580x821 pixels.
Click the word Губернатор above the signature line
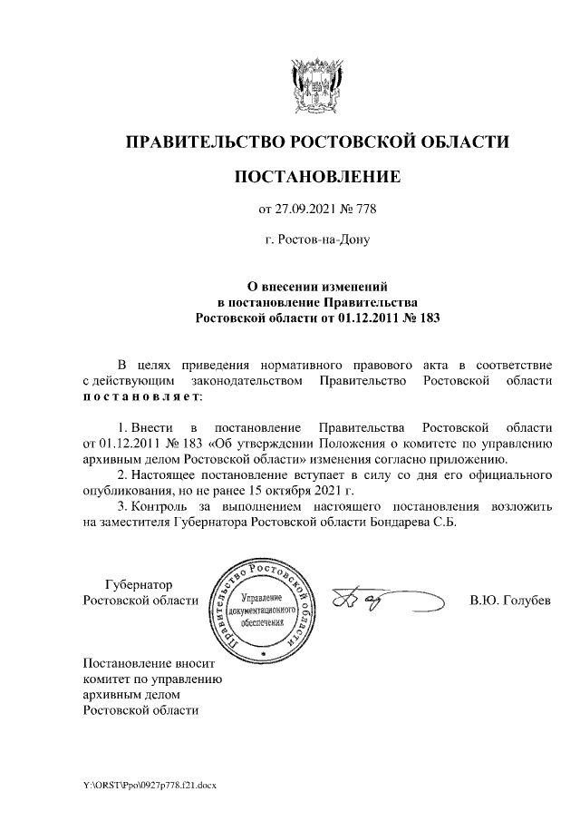coord(139,584)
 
